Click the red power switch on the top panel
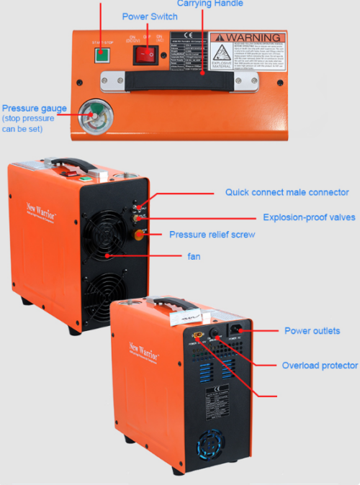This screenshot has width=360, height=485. [x=148, y=52]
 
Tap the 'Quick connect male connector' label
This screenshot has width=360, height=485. [x=287, y=192]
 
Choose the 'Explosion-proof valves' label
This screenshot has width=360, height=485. [x=308, y=217]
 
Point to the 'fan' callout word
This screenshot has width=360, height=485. [x=194, y=255]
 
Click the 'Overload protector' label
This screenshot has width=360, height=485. [x=319, y=366]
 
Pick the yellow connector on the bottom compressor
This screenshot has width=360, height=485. [x=197, y=335]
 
